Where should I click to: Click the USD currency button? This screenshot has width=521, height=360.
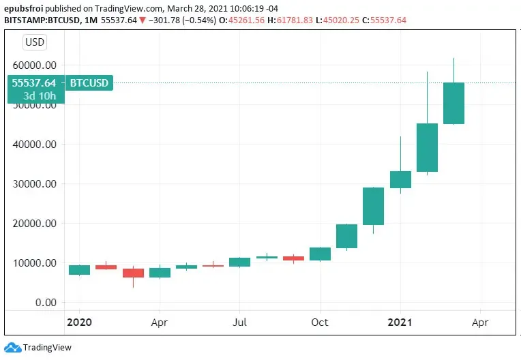point(35,42)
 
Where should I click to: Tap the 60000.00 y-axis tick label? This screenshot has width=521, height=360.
point(35,65)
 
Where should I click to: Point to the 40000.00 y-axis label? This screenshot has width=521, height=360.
point(35,144)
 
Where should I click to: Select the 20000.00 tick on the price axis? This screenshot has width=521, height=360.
point(35,223)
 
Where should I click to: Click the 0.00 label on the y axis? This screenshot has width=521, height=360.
point(46,302)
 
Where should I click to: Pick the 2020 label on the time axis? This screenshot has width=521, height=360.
point(79,322)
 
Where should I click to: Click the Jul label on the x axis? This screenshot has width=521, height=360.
point(239,322)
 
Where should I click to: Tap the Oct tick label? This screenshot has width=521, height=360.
point(320,322)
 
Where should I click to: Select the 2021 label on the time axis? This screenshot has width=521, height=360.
point(400,322)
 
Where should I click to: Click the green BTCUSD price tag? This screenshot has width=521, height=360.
point(89,82)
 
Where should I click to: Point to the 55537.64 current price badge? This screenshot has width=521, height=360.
point(33,82)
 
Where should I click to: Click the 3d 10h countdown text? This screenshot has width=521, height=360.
point(40,96)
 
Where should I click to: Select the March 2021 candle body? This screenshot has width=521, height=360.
point(454,103)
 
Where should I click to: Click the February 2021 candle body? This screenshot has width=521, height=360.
point(427,147)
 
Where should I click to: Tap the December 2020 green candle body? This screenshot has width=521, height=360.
point(373,206)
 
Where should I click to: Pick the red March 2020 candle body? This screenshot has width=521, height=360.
point(133,273)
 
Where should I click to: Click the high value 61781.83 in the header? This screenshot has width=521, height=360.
point(295,20)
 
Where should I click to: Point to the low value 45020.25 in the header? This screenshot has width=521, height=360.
point(341,20)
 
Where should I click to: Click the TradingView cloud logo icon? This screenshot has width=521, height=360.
point(13,347)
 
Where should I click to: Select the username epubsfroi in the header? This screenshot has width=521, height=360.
point(24,8)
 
